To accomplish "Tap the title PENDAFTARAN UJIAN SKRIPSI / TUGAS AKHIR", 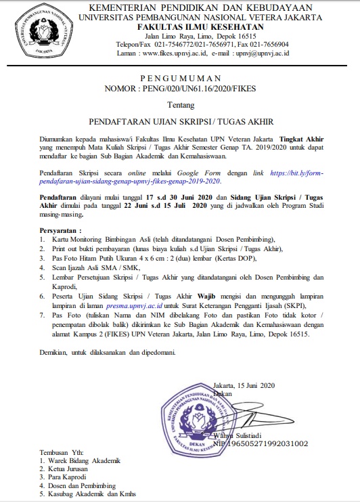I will click(x=180, y=123).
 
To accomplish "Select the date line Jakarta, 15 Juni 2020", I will click(x=240, y=383).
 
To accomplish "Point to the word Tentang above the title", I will click(x=179, y=106).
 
